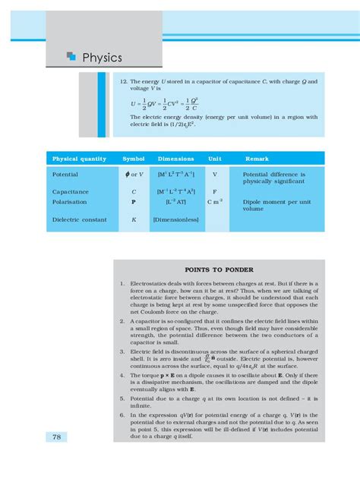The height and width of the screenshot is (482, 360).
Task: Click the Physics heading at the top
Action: [x=102, y=57]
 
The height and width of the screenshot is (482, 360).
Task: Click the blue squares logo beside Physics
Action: [x=71, y=55]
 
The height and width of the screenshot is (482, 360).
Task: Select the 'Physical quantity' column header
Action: [x=79, y=159]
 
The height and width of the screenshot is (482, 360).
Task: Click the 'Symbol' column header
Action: [x=134, y=159]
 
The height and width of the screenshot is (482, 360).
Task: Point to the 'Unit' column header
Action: [x=215, y=159]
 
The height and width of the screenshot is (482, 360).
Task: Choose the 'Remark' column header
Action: [x=256, y=159]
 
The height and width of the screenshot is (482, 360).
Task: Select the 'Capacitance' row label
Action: [x=71, y=192]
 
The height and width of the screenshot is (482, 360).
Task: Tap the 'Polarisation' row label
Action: [x=70, y=203]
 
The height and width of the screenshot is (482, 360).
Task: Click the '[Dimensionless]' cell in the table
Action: [x=175, y=220]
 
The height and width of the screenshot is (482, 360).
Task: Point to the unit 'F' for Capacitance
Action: [x=215, y=192]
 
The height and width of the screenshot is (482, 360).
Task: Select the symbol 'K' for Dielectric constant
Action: [x=134, y=220]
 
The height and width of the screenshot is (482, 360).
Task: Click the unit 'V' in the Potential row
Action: [x=215, y=174]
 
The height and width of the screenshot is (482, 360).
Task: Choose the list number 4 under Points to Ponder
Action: [x=122, y=375]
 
